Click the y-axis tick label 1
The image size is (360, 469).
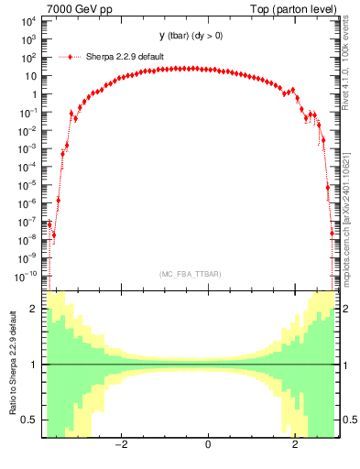click(x=35, y=94)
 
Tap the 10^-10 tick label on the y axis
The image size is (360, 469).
click(x=26, y=276)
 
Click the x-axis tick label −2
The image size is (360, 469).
click(x=121, y=444)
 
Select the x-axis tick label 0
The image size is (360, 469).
click(x=208, y=444)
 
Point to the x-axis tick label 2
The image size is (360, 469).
click(x=294, y=444)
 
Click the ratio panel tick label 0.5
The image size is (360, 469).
click(x=30, y=420)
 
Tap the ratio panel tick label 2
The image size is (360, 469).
click(x=35, y=310)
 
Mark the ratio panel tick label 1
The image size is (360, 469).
click(x=35, y=365)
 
